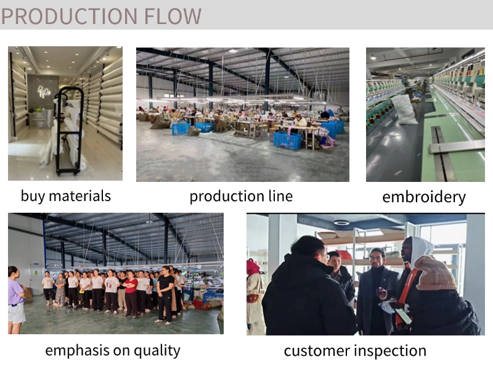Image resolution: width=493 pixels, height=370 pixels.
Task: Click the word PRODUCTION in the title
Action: (x=70, y=16)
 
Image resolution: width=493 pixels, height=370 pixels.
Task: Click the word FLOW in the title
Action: (x=173, y=16)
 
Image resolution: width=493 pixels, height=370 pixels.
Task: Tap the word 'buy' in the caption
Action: (x=32, y=196)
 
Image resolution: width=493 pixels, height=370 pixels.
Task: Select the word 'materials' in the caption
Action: (x=80, y=195)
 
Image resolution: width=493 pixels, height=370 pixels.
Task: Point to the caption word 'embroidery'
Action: (x=424, y=197)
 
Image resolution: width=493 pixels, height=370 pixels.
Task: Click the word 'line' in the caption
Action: (x=280, y=196)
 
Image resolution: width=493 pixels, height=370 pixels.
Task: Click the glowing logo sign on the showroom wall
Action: (x=43, y=91)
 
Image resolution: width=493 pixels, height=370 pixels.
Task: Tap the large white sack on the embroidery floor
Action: (x=404, y=109)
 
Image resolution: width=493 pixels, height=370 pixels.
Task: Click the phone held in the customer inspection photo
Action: (x=404, y=316)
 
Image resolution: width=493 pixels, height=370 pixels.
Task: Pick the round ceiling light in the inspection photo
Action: (x=341, y=223)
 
